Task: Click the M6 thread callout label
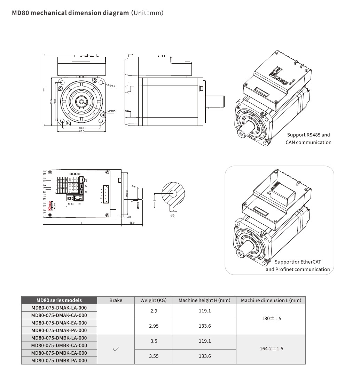tap(111, 111)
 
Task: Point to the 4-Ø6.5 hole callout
tap(111, 85)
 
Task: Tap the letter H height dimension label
tap(44, 90)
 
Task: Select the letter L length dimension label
tap(82, 223)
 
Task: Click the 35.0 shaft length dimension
tap(132, 223)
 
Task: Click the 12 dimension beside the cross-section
tap(155, 201)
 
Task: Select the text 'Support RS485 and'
tap(308, 135)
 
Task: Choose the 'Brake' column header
tap(116, 300)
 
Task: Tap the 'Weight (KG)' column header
tap(154, 300)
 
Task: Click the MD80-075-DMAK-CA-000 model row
tap(59, 315)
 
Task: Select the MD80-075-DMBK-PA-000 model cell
tap(59, 361)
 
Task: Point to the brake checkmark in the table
tap(116, 349)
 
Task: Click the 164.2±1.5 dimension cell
tap(271, 348)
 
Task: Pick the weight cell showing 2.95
tap(154, 326)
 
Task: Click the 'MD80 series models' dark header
tap(59, 300)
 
